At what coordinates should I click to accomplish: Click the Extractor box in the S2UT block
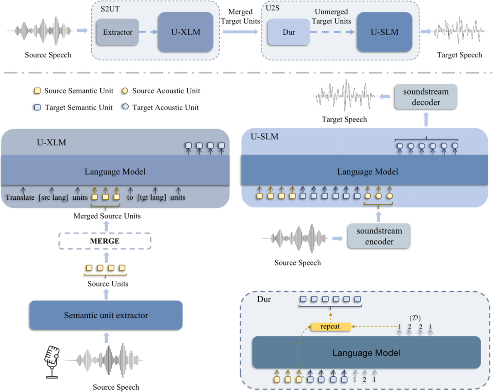click(117, 32)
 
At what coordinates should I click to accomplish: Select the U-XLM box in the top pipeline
click(185, 32)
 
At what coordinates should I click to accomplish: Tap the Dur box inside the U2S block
click(288, 32)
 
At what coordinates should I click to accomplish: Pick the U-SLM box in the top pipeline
click(384, 32)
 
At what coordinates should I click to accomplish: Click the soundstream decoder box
click(426, 97)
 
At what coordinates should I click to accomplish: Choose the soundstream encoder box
click(379, 236)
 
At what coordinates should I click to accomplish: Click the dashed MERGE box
click(105, 241)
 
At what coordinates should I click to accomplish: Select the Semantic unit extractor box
click(106, 315)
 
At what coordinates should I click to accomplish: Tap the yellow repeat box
click(330, 327)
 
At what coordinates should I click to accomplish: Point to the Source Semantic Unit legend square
click(37, 91)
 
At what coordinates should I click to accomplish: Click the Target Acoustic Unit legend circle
click(126, 106)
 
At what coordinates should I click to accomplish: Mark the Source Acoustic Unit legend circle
click(125, 90)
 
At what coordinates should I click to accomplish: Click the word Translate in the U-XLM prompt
click(20, 197)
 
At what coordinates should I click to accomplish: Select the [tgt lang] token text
click(152, 197)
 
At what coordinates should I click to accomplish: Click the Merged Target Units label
click(240, 16)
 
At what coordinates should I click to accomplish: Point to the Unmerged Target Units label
click(331, 16)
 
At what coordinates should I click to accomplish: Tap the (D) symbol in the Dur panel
click(415, 318)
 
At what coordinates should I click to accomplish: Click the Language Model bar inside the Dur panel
click(366, 352)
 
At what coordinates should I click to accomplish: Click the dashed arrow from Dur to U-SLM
click(333, 32)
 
